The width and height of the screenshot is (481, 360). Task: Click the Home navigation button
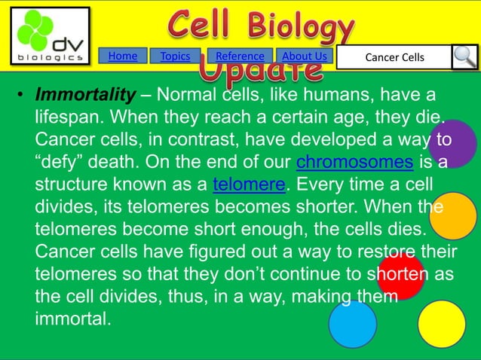pyautogui.click(x=123, y=56)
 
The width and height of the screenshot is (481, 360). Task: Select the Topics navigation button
pyautogui.click(x=175, y=56)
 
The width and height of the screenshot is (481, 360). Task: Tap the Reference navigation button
pyautogui.click(x=240, y=56)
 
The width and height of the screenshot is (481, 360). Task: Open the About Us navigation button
pyautogui.click(x=305, y=56)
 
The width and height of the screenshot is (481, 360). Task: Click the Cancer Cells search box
pyautogui.click(x=394, y=57)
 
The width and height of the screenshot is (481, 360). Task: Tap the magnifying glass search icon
pyautogui.click(x=464, y=57)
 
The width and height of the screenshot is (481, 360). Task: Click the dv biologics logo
pyautogui.click(x=50, y=36)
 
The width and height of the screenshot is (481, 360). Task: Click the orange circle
pyautogui.click(x=452, y=216)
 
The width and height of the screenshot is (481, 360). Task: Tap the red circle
pyautogui.click(x=400, y=276)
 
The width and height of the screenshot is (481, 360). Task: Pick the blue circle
pyautogui.click(x=352, y=324)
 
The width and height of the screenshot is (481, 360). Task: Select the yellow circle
pyautogui.click(x=441, y=324)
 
